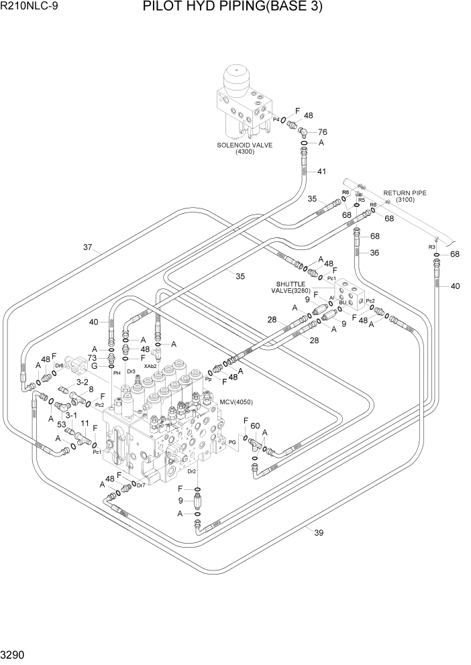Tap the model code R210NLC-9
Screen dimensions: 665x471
coord(28,7)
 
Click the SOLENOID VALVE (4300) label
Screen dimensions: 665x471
coord(244,148)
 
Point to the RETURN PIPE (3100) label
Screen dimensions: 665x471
coord(405,196)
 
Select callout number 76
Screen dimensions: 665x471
coord(322,131)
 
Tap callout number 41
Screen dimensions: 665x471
coord(321,172)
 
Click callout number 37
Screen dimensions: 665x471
coord(87,247)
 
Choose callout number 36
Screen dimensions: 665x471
coord(374,253)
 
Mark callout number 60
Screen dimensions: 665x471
coord(255,426)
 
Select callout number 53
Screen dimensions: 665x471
coord(61,424)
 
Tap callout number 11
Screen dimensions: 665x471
coord(85,424)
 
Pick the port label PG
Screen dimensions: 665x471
coord(233,443)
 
